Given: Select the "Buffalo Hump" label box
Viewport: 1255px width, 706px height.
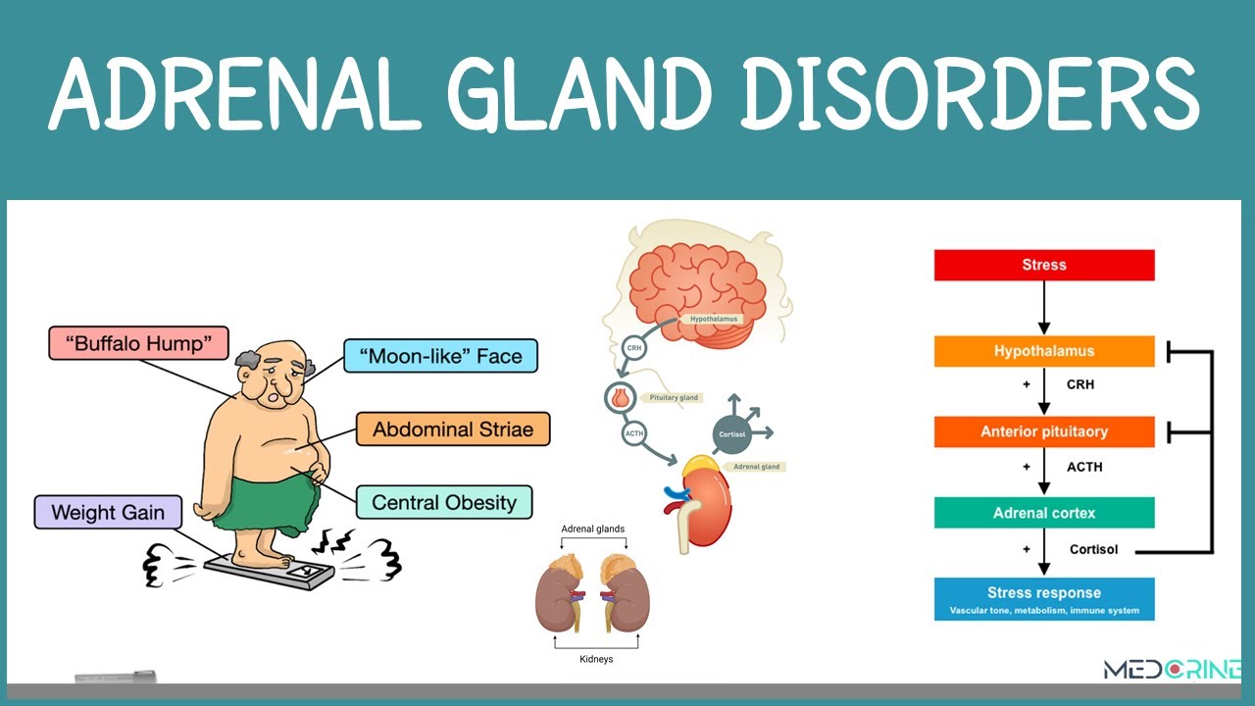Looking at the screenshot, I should point(138,343).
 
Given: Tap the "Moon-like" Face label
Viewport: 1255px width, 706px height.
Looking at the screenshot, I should point(441,356).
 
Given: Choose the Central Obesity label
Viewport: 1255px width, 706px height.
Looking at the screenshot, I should point(443,503).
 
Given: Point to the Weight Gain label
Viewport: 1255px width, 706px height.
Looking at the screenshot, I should point(108,512).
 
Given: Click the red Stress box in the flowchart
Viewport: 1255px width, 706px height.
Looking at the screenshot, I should point(1044,265).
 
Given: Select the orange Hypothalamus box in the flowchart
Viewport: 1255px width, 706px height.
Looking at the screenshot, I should point(1044,351).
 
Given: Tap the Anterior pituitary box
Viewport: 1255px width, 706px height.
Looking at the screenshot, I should point(1044,431).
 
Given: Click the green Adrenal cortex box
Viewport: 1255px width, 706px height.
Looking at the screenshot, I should point(1044,513).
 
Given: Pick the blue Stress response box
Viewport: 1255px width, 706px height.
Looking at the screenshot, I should point(1044,599).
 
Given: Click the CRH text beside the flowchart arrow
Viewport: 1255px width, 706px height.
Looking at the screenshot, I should point(1080,384).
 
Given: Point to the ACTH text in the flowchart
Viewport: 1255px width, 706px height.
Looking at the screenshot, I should point(1084,467).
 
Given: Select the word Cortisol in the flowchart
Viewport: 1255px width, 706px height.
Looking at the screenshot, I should point(1093,550).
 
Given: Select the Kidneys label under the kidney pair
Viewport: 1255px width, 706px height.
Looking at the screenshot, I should point(595,659).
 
